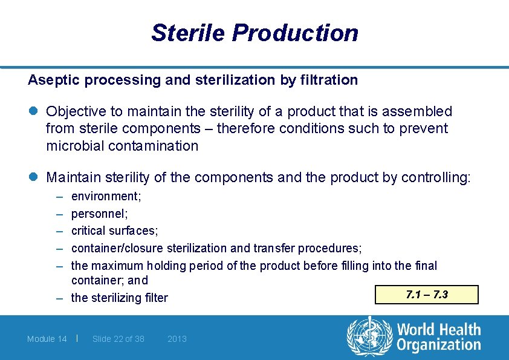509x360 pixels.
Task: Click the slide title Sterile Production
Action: click(x=254, y=33)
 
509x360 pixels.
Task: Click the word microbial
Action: click(x=71, y=146)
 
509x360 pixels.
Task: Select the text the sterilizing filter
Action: click(x=120, y=298)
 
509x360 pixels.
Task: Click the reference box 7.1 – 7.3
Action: click(x=427, y=295)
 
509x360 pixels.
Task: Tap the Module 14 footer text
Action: click(x=47, y=339)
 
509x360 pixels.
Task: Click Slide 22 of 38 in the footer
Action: click(x=118, y=339)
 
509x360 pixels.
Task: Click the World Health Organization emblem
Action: click(x=368, y=336)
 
